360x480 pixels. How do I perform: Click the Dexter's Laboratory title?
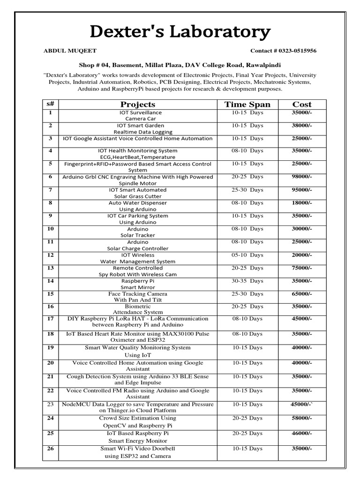click(x=180, y=32)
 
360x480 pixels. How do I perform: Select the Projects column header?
click(x=137, y=105)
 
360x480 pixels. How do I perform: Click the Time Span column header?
click(x=247, y=105)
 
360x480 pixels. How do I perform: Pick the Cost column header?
click(x=301, y=105)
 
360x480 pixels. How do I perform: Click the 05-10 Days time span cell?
click(x=247, y=255)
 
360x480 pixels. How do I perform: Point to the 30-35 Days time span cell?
click(x=247, y=281)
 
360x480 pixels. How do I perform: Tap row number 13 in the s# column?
click(x=51, y=268)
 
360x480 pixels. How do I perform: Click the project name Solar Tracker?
click(x=137, y=235)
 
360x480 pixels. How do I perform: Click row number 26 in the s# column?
click(x=51, y=449)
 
